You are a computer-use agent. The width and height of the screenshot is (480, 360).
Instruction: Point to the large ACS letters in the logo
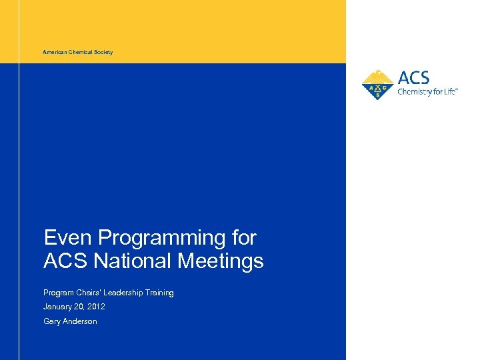(414, 77)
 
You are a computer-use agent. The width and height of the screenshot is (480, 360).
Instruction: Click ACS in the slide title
(66, 261)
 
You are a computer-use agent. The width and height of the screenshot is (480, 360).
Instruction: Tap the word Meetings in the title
(221, 261)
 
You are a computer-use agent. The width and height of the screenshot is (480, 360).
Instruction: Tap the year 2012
(96, 307)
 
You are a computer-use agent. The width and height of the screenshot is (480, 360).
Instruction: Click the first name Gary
(51, 321)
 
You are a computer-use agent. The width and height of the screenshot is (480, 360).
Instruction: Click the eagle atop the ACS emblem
(377, 75)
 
